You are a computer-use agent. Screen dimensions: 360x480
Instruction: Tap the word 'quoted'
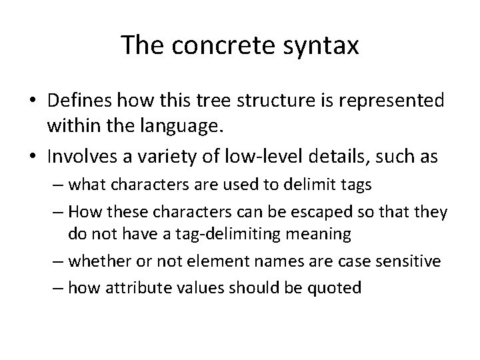(339, 288)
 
